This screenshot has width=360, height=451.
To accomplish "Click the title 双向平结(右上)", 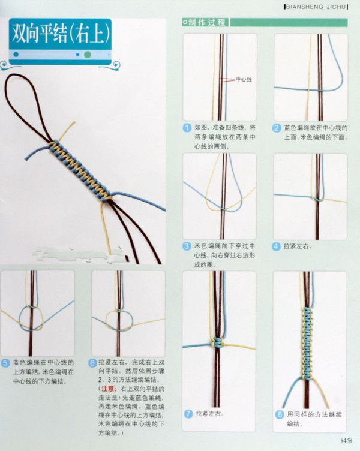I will point(60,34).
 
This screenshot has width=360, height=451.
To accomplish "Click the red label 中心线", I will point(243,79).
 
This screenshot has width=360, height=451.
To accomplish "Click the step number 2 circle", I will point(277,128).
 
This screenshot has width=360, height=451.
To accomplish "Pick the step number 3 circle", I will point(187,246).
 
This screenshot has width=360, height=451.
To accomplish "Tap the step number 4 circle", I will point(277,246).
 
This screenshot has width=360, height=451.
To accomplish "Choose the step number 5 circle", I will point(5,363).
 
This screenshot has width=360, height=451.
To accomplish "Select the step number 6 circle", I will point(92,363).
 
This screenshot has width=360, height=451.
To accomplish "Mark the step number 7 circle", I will point(187,414).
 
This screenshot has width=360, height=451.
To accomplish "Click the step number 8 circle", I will point(277,414).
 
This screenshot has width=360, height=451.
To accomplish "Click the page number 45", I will point(346,441).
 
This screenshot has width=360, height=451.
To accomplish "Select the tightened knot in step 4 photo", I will point(319,197).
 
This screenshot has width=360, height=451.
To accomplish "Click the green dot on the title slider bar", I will point(88,55).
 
